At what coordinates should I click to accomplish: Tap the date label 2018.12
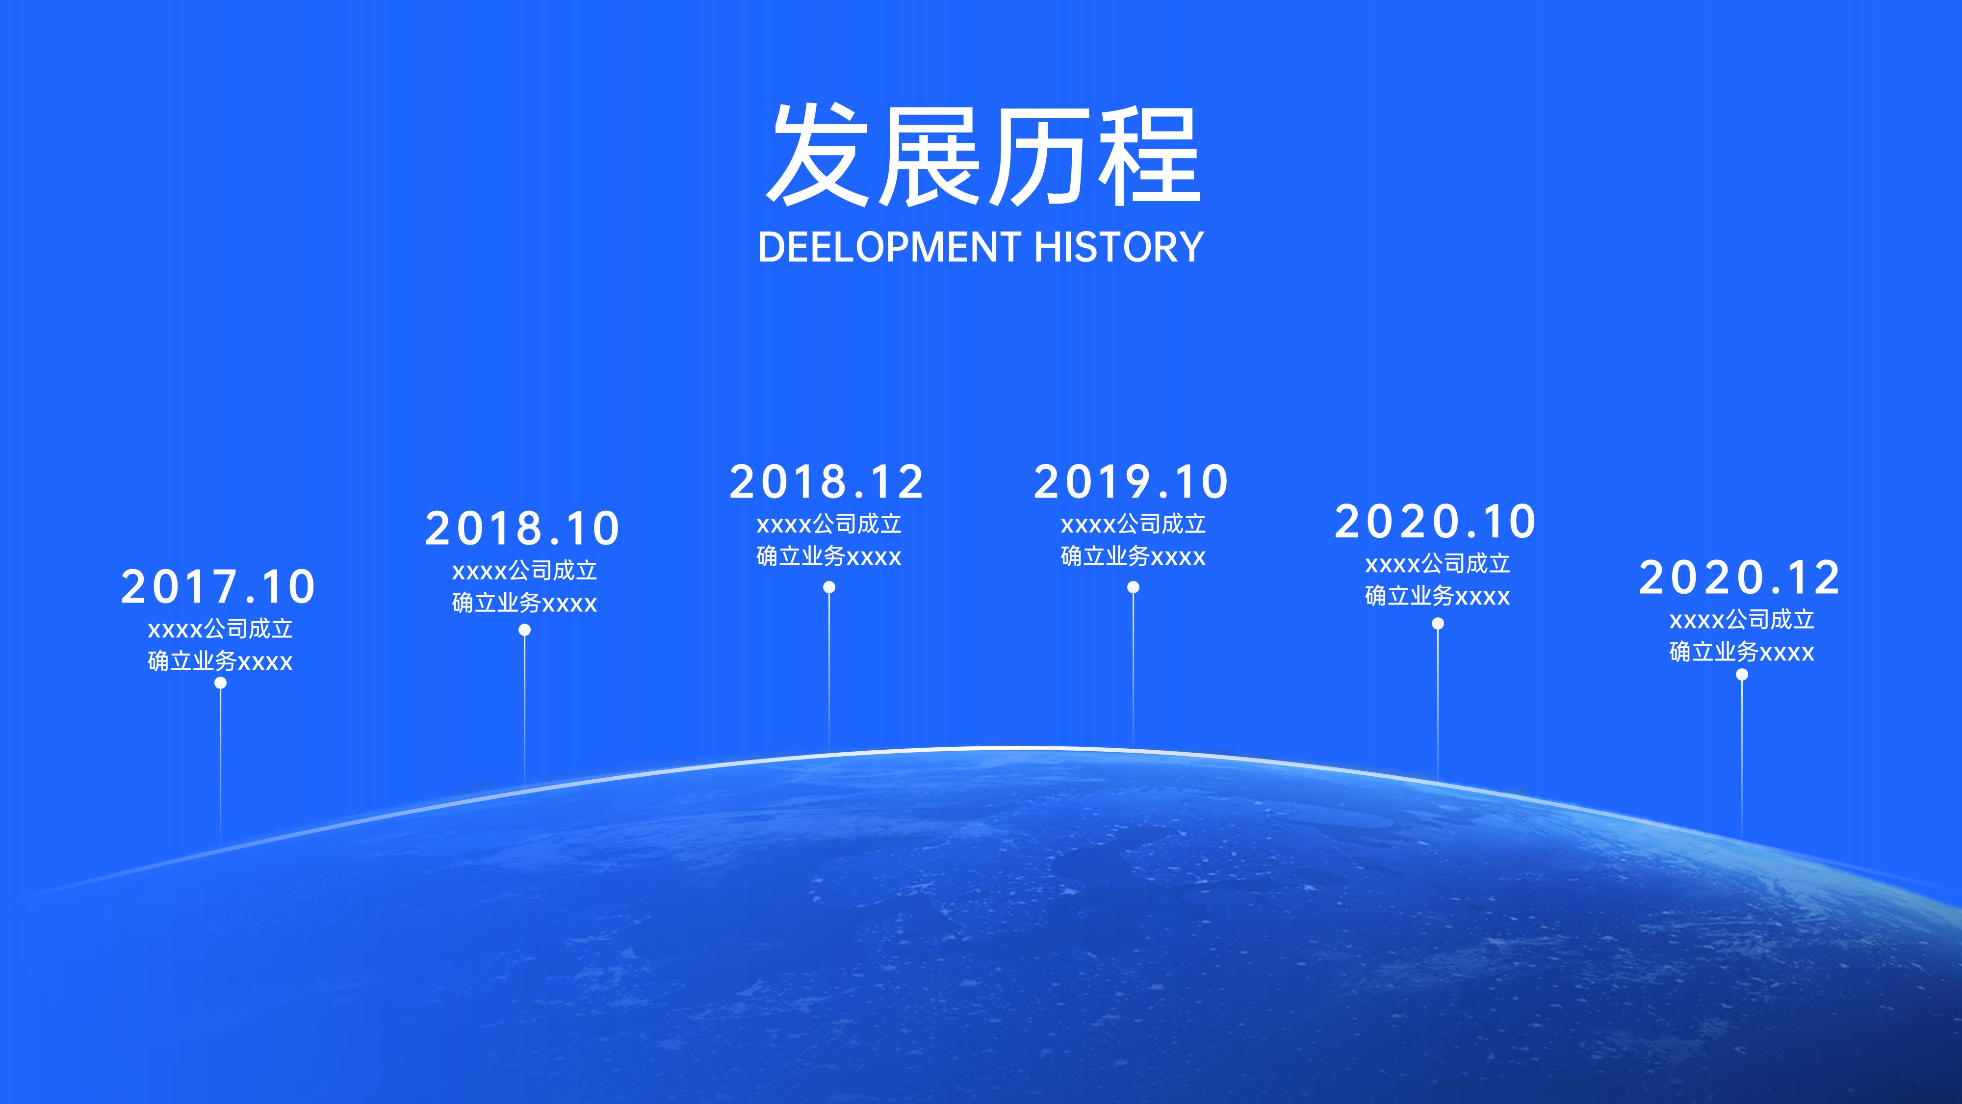(x=827, y=481)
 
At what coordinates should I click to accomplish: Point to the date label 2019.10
(x=1132, y=481)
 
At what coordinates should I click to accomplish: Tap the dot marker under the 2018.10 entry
(x=524, y=630)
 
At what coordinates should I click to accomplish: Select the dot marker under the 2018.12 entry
(x=828, y=587)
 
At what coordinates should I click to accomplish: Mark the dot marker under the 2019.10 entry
(x=1134, y=587)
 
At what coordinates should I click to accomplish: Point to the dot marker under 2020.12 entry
(x=1742, y=674)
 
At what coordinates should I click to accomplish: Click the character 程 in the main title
(x=1149, y=156)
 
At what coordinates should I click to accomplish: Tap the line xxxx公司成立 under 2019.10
(x=1134, y=524)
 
